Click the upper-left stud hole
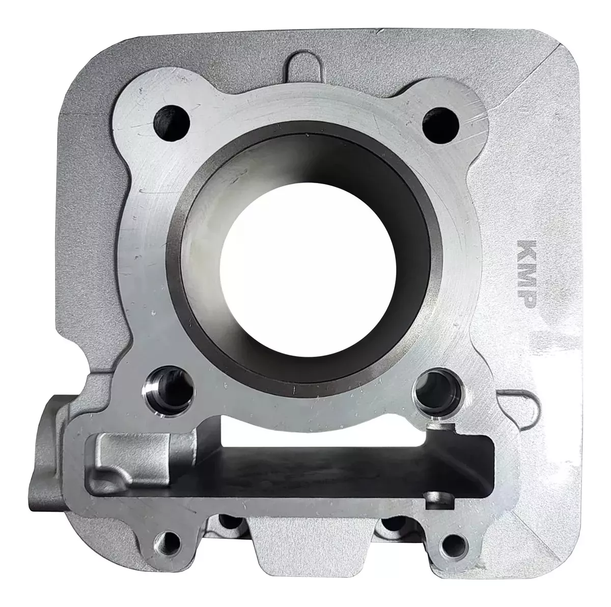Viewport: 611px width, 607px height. point(172,122)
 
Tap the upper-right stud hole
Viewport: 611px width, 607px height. point(441,125)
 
